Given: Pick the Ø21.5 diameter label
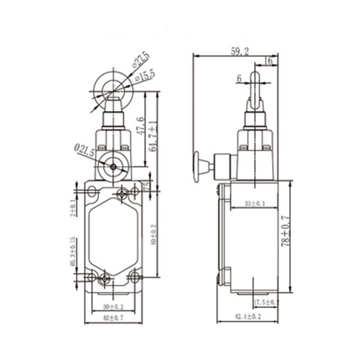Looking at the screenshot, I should click(84, 150).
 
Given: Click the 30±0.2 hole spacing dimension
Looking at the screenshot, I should click(112, 305).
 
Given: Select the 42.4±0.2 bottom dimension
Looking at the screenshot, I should click(249, 317).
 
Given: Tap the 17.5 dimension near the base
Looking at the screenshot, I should click(265, 303).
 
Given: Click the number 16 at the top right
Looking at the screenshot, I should click(269, 62).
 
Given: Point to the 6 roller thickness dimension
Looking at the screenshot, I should click(239, 79).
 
